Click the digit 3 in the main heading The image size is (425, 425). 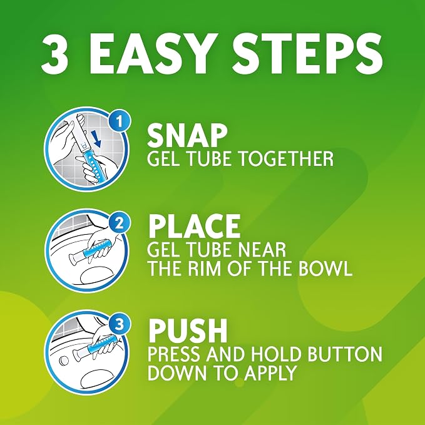(x=54, y=54)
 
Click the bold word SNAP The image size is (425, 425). (x=187, y=135)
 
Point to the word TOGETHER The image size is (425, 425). (x=286, y=158)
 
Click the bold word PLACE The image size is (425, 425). (x=194, y=227)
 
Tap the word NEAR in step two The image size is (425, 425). (x=260, y=250)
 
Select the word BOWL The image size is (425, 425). (x=325, y=269)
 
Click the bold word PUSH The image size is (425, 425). (x=188, y=330)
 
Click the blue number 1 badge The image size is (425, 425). (x=120, y=122)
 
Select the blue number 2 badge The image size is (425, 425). (x=120, y=224)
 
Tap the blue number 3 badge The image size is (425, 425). (x=120, y=324)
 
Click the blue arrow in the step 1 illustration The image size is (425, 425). (x=95, y=139)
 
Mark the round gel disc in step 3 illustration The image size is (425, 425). (x=64, y=361)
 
